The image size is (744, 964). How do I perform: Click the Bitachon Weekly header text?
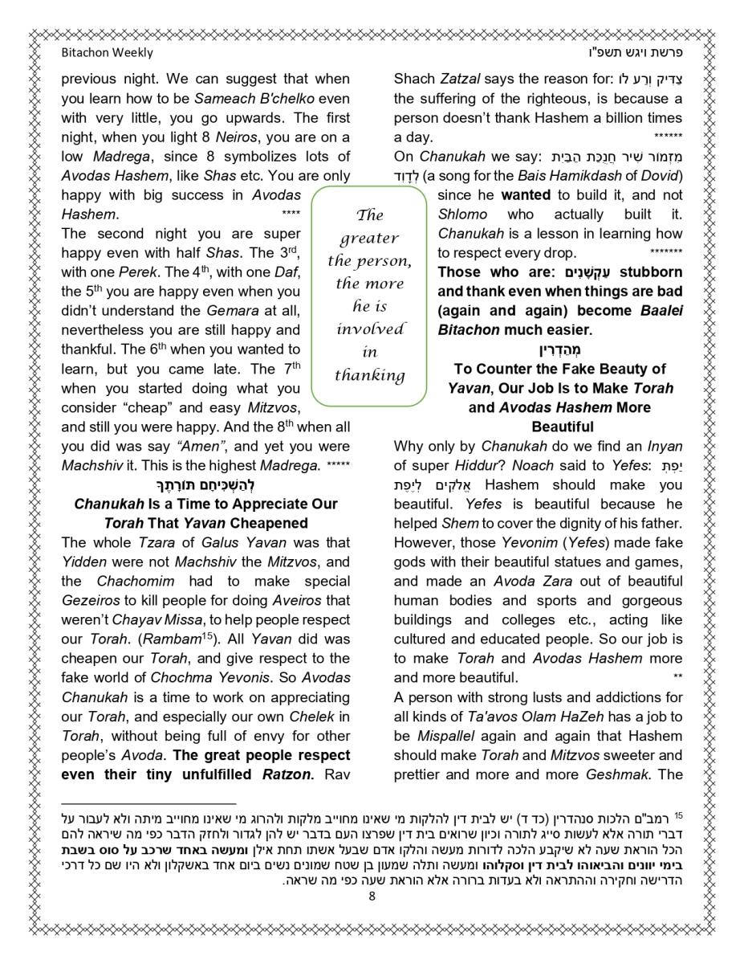(107, 53)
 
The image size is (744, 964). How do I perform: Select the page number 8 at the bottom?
(372, 897)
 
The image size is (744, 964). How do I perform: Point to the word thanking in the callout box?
(369, 375)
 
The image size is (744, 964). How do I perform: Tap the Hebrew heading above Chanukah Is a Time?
(205, 484)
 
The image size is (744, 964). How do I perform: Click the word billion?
(612, 118)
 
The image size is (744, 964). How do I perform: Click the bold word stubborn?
(651, 272)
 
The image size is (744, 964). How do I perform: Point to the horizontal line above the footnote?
(148, 803)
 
